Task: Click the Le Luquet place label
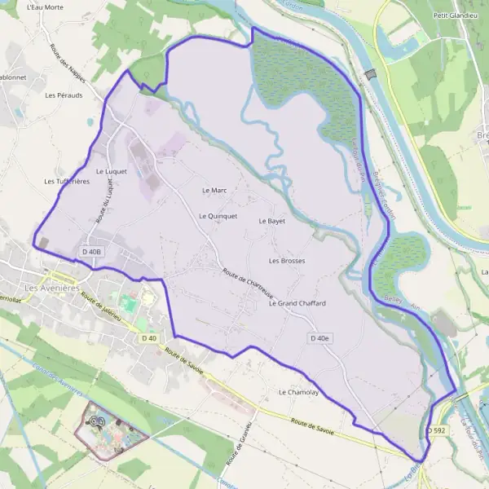pyautogui.click(x=112, y=171)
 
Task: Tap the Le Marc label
pyautogui.click(x=214, y=190)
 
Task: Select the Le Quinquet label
pyautogui.click(x=218, y=216)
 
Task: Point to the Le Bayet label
pyautogui.click(x=271, y=221)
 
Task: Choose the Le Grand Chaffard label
pyautogui.click(x=297, y=303)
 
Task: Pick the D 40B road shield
pyautogui.click(x=92, y=252)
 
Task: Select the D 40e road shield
pyautogui.click(x=320, y=337)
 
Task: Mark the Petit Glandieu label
pyautogui.click(x=455, y=15)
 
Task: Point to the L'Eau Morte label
pyautogui.click(x=45, y=7)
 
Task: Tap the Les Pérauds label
pyautogui.click(x=64, y=95)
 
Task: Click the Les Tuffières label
pyautogui.click(x=67, y=181)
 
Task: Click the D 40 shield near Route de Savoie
pyautogui.click(x=148, y=337)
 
